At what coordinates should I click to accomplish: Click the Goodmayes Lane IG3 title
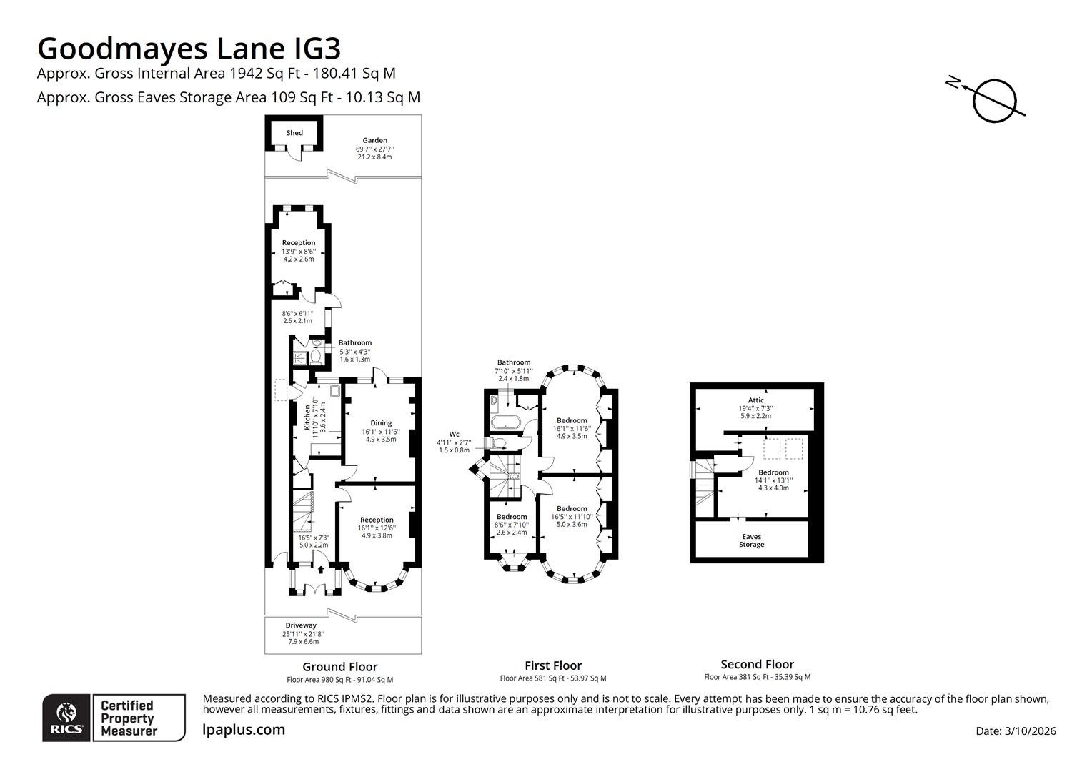click(189, 49)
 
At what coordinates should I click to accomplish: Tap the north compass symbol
click(993, 99)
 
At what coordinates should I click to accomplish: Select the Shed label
click(294, 133)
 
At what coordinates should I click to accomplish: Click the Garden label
click(374, 141)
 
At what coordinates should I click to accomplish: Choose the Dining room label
click(381, 423)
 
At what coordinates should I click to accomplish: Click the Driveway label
click(301, 625)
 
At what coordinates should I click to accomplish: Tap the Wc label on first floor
click(454, 434)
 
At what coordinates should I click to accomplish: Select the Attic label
click(755, 400)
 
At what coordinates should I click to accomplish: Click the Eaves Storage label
click(751, 540)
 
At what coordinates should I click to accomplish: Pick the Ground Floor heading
click(339, 667)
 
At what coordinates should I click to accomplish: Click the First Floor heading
click(553, 665)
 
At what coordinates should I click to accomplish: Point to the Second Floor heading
click(757, 664)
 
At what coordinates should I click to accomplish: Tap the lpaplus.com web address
click(244, 730)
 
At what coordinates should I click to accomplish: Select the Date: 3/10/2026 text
click(1016, 731)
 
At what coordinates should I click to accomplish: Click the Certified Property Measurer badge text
click(129, 718)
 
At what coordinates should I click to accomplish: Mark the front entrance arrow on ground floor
click(320, 570)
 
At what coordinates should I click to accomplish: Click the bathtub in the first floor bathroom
click(507, 422)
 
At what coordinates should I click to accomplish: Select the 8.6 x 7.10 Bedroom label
click(512, 517)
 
